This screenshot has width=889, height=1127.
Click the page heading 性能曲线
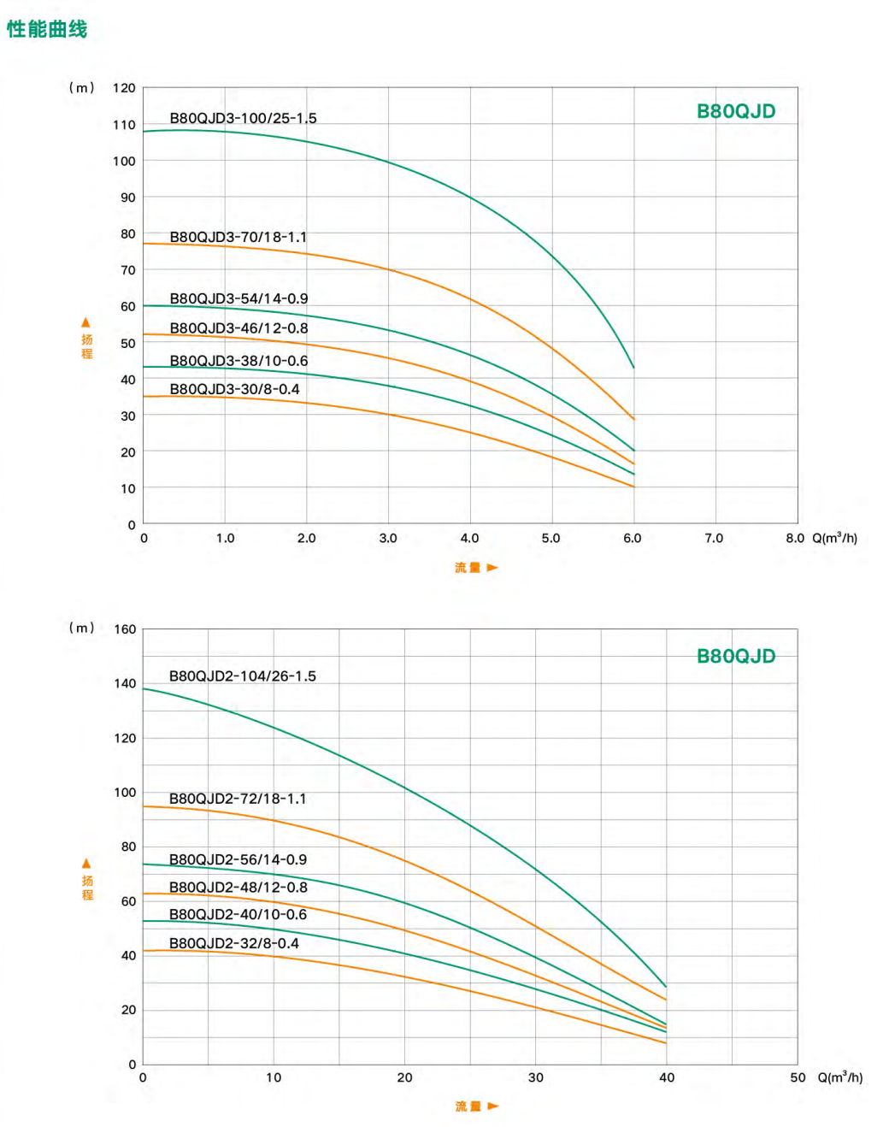click(47, 29)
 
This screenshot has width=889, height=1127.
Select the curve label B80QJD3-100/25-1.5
click(243, 118)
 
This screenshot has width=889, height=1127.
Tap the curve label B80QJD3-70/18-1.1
click(238, 237)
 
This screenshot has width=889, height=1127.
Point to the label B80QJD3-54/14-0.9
click(238, 298)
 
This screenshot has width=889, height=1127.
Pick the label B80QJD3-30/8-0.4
click(234, 389)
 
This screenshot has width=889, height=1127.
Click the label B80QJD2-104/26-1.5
click(242, 676)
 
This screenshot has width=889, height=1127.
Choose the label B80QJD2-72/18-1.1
click(237, 799)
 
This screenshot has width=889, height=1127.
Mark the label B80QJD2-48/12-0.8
click(238, 888)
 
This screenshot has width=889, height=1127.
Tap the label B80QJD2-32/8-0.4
click(233, 943)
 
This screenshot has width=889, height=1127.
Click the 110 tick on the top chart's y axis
click(124, 125)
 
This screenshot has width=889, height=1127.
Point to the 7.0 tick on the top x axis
click(714, 538)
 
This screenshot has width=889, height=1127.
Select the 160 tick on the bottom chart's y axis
click(125, 629)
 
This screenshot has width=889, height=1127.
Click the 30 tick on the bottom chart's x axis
click(536, 1077)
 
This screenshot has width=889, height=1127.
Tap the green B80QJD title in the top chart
click(736, 111)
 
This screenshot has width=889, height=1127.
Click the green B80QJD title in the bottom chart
click(736, 656)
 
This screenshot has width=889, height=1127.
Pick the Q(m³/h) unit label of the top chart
click(834, 538)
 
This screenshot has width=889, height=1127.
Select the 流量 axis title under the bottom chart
click(468, 1106)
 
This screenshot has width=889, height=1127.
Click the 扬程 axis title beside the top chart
click(86, 345)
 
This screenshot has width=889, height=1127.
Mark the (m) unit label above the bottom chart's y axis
click(81, 628)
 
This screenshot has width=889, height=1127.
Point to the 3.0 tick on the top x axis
click(388, 538)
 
